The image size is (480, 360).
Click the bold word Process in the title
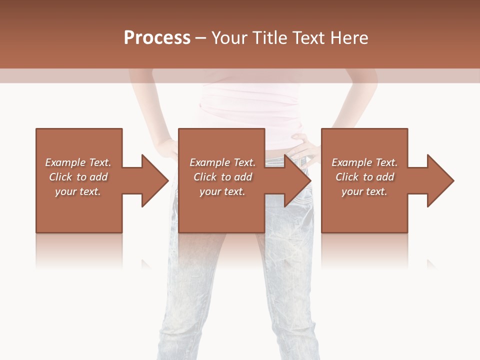pyautogui.click(x=157, y=38)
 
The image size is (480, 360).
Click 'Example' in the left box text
pyautogui.click(x=65, y=162)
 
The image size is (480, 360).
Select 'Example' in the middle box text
pyautogui.click(x=209, y=162)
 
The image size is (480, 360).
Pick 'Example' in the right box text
pyautogui.click(x=351, y=162)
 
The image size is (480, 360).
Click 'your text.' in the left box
pyautogui.click(x=78, y=191)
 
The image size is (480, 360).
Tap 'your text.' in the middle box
pyautogui.click(x=222, y=191)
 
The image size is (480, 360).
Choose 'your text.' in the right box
pyautogui.click(x=364, y=191)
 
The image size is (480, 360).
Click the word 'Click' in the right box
pyautogui.click(x=346, y=177)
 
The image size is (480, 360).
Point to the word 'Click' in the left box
pyautogui.click(x=60, y=177)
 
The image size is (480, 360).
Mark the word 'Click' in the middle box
pyautogui.click(x=204, y=177)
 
